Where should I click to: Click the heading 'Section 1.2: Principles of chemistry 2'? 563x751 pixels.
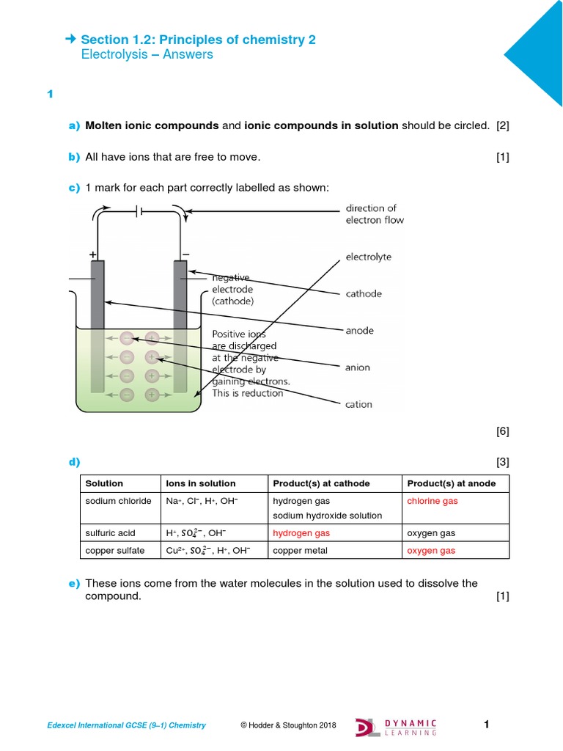pos(198,40)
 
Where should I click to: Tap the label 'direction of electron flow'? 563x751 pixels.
pos(374,214)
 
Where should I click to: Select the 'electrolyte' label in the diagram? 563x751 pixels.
pos(368,257)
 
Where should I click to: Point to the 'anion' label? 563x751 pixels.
pos(358,367)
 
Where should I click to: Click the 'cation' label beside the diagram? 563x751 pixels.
pos(358,404)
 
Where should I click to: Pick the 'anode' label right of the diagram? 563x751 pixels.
pos(359,331)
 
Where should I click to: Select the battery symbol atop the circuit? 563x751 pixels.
pos(139,212)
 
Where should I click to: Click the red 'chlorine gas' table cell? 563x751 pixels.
pos(433,501)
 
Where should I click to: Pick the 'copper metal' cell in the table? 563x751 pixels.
pos(298,550)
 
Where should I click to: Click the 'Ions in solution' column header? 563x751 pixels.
pos(201,483)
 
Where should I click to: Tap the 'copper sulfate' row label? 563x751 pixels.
pos(116,550)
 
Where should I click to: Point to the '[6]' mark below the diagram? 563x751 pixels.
pos(502,431)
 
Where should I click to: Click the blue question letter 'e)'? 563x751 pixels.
pos(73,584)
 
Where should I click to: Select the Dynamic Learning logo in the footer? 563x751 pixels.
pos(396,726)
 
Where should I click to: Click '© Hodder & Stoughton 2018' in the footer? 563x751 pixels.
pos(288,726)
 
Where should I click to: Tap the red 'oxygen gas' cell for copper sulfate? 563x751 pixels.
pos(431,550)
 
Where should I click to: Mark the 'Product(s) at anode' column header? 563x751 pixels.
pos(451,483)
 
